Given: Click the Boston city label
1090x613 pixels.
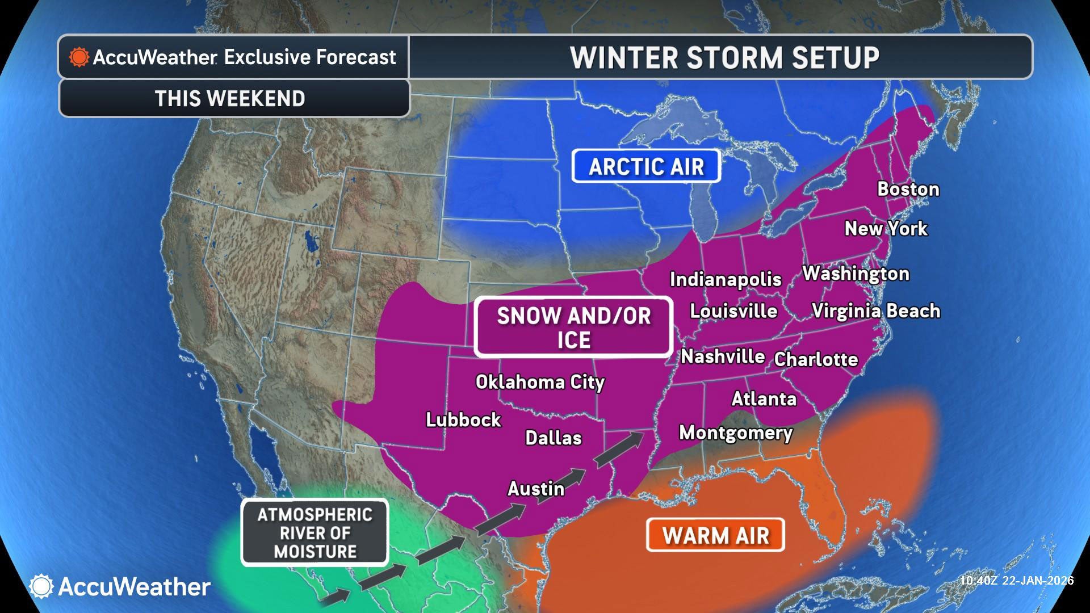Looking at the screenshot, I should coord(908,189).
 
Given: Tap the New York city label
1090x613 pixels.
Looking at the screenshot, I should coord(886,228).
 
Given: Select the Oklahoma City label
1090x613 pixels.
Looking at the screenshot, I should coord(540,382).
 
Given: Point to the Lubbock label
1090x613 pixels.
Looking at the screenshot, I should coord(463,420).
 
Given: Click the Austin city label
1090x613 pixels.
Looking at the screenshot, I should coord(536,488).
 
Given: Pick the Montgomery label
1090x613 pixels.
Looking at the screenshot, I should coord(736,433).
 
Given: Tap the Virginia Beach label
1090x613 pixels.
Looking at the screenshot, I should coord(875,311).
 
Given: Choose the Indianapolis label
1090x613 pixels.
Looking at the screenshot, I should coord(726,279).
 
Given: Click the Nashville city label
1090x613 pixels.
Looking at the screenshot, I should coord(723,356).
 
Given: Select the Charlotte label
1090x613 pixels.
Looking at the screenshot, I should coord(816,359).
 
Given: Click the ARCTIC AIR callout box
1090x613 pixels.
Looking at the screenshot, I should coord(646,166).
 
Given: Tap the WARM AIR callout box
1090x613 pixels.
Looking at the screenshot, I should coord(715,535).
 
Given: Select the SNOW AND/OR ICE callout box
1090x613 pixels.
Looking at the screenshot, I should coord(573,328).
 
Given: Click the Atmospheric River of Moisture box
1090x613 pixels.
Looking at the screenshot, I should coord(315,532).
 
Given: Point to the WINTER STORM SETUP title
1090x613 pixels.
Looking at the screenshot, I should coord(724,57).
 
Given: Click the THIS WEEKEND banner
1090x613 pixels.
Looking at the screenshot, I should coord(230,98).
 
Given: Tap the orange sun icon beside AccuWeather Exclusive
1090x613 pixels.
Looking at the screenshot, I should coord(79,57).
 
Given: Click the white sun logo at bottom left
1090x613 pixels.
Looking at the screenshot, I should coord(41,586).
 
